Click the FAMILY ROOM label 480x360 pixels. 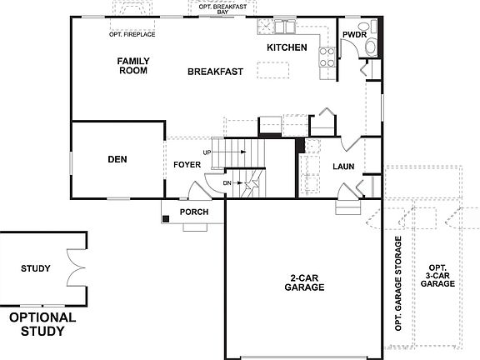(x=132, y=66)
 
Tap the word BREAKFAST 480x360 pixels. (x=215, y=72)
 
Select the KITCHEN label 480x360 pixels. (x=287, y=47)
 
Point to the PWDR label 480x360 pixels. (x=354, y=34)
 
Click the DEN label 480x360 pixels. (x=117, y=159)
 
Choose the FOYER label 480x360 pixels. (x=187, y=165)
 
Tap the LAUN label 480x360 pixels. (x=343, y=167)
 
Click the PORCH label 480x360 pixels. (x=194, y=212)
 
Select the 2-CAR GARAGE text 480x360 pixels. (x=302, y=282)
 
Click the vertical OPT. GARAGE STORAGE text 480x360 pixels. (x=398, y=283)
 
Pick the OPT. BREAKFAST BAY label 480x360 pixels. (x=222, y=9)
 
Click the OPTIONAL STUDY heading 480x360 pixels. (x=42, y=324)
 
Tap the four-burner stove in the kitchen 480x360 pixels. (x=327, y=56)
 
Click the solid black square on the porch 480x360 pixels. (x=167, y=218)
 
